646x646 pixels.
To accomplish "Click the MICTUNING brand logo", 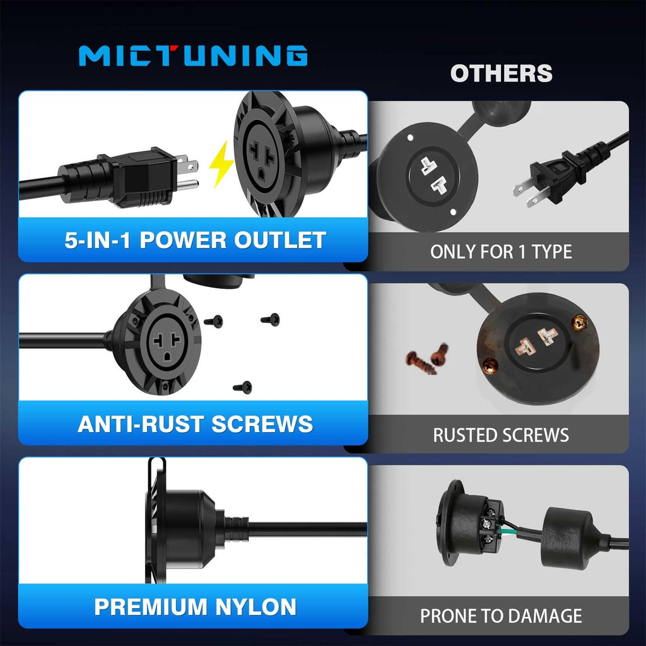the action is click(193, 56).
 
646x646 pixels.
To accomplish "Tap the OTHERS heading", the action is click(501, 73).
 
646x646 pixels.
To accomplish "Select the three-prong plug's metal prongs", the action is click(187, 172).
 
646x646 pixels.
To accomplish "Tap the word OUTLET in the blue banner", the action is click(280, 240).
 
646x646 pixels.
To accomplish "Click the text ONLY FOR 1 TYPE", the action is click(501, 252).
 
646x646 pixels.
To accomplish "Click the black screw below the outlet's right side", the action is click(243, 387).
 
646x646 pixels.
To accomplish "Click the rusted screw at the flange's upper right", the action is click(580, 322).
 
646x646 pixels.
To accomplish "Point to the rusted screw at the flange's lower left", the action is click(490, 365).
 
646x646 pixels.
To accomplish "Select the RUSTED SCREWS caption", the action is click(501, 435).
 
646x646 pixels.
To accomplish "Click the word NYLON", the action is click(256, 607).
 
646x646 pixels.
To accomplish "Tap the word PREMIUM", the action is click(151, 607).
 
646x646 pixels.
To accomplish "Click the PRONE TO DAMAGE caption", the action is click(501, 616).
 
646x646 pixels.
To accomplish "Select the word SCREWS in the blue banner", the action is click(262, 424).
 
